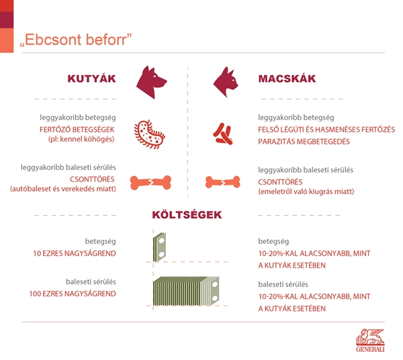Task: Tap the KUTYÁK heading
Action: pyautogui.click(x=92, y=79)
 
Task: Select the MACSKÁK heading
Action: pyautogui.click(x=287, y=79)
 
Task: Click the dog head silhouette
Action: pyautogui.click(x=151, y=82)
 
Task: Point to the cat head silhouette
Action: pyautogui.click(x=226, y=82)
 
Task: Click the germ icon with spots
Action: pyautogui.click(x=150, y=134)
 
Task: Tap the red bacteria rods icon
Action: pyautogui.click(x=223, y=134)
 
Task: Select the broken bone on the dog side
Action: pyautogui.click(x=150, y=183)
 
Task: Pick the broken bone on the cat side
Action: pyautogui.click(x=222, y=182)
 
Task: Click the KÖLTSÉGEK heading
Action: pyautogui.click(x=187, y=215)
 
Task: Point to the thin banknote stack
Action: pyautogui.click(x=160, y=247)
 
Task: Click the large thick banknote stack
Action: pyautogui.click(x=186, y=291)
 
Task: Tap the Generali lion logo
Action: pyautogui.click(x=370, y=341)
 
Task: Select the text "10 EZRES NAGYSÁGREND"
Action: pyautogui.click(x=75, y=254)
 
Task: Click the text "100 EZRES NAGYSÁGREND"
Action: pyautogui.click(x=73, y=294)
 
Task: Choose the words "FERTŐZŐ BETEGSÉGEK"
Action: pyautogui.click(x=77, y=130)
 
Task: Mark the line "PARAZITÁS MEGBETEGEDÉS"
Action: pyautogui.click(x=304, y=142)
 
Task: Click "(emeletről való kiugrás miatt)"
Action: pyautogui.click(x=306, y=191)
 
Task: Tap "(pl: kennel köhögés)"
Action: pyautogui.click(x=81, y=139)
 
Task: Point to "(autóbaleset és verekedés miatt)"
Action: pyautogui.click(x=63, y=189)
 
